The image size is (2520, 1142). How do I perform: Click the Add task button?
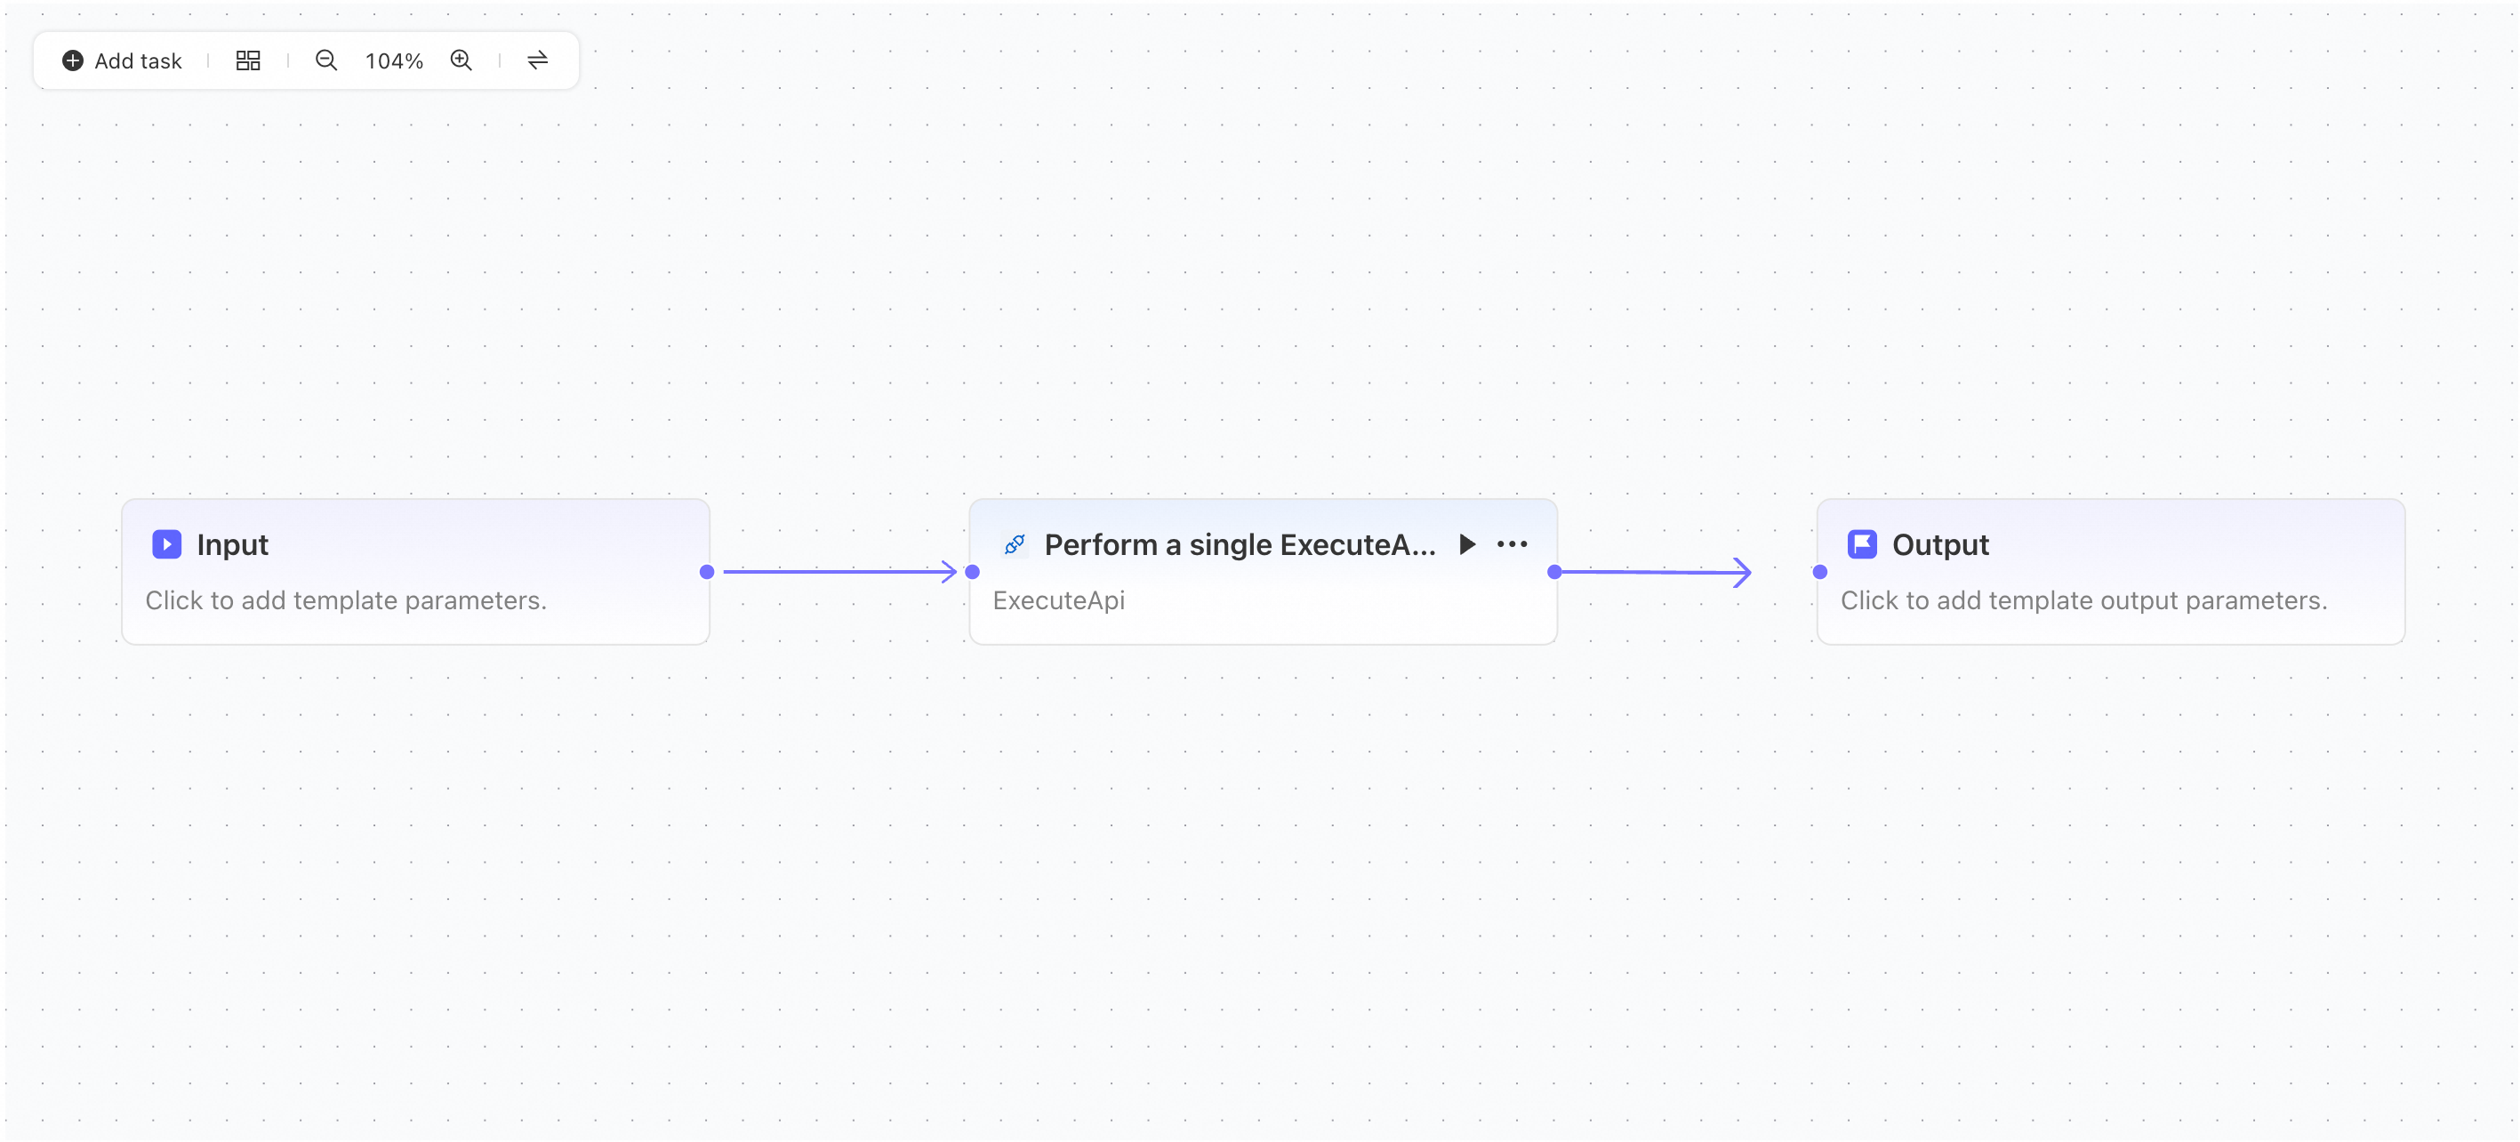(121, 60)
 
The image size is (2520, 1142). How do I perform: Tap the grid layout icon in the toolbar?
(248, 60)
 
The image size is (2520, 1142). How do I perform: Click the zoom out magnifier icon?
(325, 60)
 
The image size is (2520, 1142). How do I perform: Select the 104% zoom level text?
(394, 60)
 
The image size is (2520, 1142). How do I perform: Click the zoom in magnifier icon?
(461, 60)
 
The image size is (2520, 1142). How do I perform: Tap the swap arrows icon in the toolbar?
(538, 60)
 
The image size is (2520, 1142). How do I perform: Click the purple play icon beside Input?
(167, 544)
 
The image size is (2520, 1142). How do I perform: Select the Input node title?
(232, 544)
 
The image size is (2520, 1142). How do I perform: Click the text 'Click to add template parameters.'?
(346, 599)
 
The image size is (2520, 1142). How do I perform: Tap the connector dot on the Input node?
(707, 572)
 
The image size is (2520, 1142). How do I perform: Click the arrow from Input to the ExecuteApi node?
(840, 572)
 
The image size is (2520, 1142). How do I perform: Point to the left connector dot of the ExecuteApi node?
(973, 572)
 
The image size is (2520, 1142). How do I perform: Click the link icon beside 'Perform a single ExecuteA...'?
(1015, 544)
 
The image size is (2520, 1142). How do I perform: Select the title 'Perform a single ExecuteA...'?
(1240, 544)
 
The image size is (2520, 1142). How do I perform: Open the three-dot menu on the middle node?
(1513, 544)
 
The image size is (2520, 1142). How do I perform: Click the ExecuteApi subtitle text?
(1059, 599)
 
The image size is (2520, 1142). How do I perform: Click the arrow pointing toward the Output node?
(1653, 573)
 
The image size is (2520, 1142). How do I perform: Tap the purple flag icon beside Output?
(1863, 544)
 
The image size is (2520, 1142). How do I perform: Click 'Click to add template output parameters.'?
(2083, 599)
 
